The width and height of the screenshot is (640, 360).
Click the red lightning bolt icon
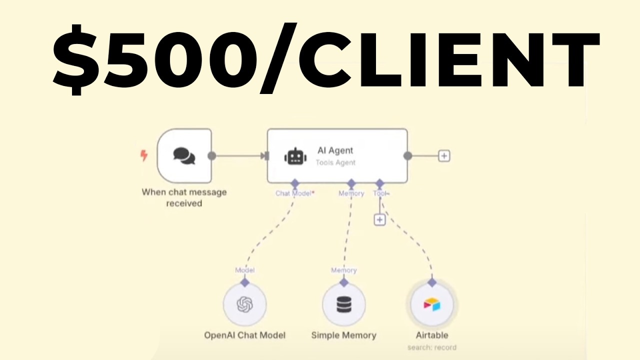pos(144,156)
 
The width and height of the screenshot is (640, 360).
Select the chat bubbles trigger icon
pos(184,155)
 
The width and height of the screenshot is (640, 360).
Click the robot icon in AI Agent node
pos(295,156)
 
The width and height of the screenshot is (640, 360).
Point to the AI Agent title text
pos(335,150)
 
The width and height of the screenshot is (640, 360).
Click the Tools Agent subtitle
pos(335,162)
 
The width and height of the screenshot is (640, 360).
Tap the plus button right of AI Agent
pos(444,156)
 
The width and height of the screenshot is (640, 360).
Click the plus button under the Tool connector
pos(380,219)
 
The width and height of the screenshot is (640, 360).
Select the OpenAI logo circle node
pos(244,304)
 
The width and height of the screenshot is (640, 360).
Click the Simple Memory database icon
pos(343,304)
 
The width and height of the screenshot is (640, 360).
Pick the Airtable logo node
pos(431,304)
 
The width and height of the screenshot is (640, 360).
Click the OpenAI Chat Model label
pos(244,335)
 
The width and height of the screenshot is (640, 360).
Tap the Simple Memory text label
pos(343,335)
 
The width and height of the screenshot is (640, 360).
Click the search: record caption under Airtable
pos(431,347)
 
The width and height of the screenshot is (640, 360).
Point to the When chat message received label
pos(184,197)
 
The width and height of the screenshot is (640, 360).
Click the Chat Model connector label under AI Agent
pos(294,193)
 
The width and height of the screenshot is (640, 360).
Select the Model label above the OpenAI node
pos(244,270)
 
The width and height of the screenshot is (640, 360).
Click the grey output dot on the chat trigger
pos(211,156)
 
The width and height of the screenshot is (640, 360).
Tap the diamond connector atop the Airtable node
pos(431,282)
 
